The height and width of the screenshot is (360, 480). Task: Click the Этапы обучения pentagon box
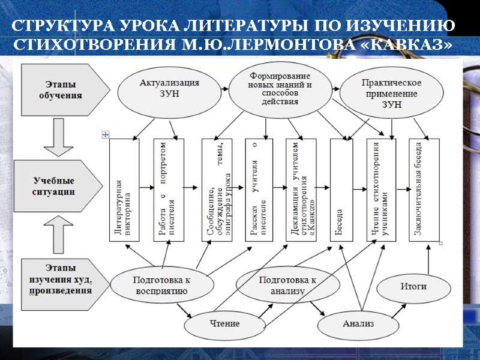(63, 90)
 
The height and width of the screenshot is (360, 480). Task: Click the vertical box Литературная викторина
(124, 190)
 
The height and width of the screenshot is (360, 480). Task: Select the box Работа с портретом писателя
(168, 190)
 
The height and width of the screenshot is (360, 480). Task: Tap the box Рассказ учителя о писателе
(258, 190)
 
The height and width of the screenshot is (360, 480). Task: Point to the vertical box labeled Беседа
(342, 190)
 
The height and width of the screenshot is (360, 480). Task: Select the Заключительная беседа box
(424, 190)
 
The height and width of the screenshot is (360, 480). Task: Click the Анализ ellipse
(358, 324)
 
